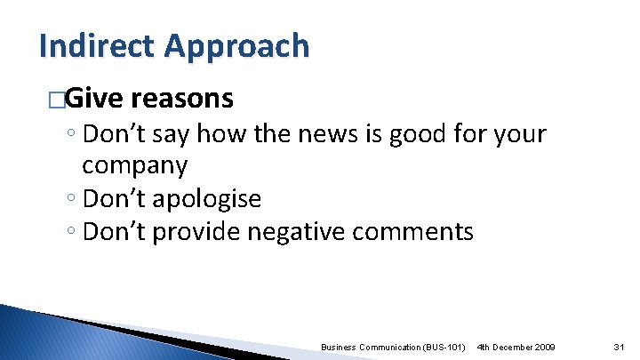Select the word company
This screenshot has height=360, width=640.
[134, 165]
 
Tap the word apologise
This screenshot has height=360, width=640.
[210, 198]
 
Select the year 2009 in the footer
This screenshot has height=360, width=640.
[544, 345]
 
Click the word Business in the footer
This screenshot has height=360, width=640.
[340, 345]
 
